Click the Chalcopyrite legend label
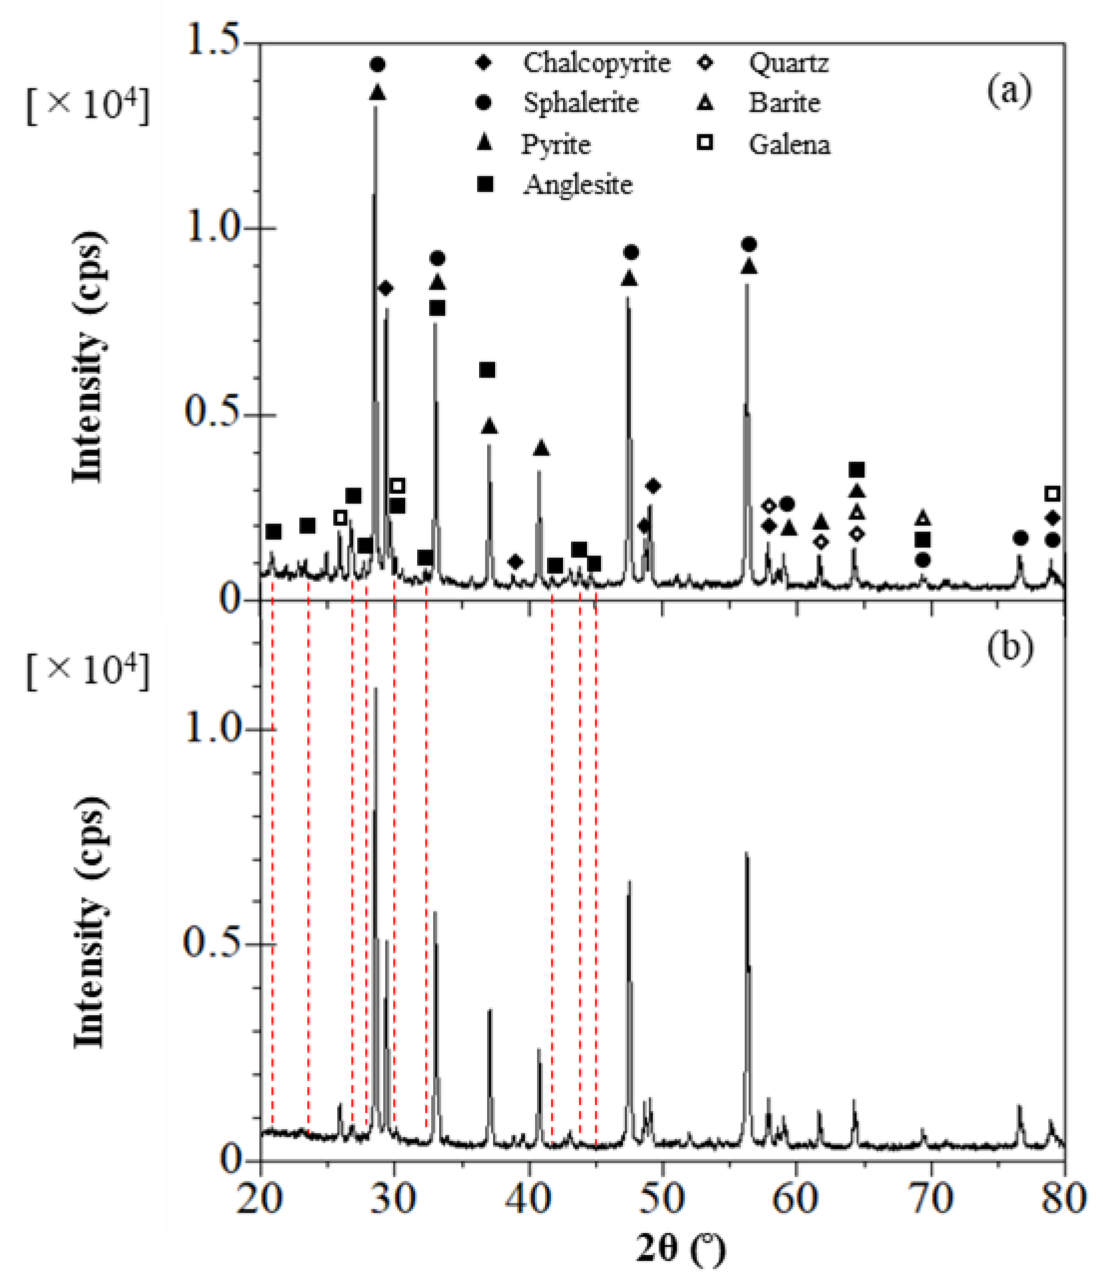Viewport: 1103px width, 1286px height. coord(596,63)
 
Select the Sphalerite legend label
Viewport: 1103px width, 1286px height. coord(580,103)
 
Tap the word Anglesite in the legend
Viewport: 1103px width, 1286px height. coord(577,184)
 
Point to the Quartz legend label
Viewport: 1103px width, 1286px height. coord(789,63)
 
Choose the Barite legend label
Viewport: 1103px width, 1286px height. coord(784,103)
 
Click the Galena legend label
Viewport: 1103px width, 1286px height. coord(789,145)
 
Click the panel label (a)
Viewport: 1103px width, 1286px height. coord(1009,90)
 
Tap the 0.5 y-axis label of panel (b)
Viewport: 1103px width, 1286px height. coord(211,943)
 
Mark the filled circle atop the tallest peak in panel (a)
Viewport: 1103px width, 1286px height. coord(378,64)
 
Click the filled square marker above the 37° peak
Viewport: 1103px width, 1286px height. coord(488,371)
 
